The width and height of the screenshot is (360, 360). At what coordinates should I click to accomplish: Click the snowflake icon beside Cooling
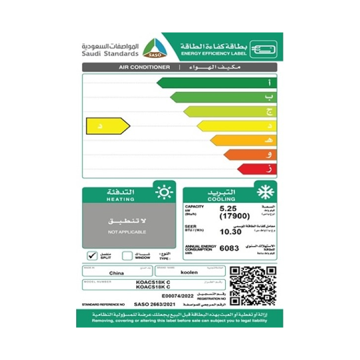[x=266, y=192]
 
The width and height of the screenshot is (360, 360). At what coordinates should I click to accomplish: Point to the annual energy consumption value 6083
[x=229, y=248]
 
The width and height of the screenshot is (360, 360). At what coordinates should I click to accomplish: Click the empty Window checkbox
[x=127, y=255]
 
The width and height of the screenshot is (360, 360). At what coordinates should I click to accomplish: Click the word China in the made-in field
[x=116, y=274]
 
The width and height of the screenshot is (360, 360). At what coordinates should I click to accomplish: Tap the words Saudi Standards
[x=110, y=53]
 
